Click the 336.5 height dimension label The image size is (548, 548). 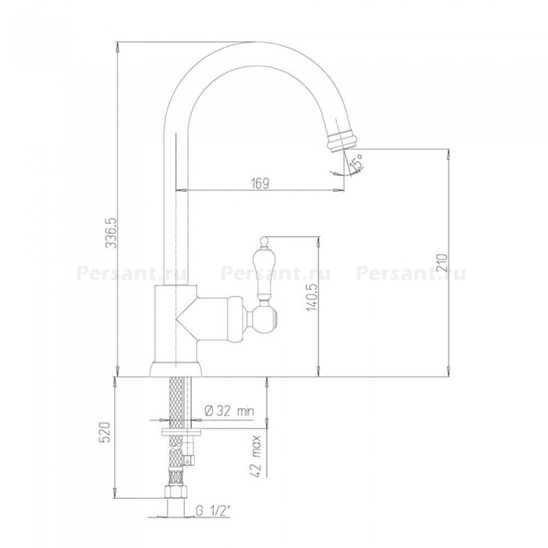tap(111, 233)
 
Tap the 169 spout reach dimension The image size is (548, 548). tap(260, 183)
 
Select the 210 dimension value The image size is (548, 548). tap(442, 263)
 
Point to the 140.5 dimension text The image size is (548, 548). tap(312, 297)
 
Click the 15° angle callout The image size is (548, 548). tap(357, 163)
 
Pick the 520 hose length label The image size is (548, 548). tap(105, 432)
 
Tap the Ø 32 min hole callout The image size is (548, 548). tap(229, 411)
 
